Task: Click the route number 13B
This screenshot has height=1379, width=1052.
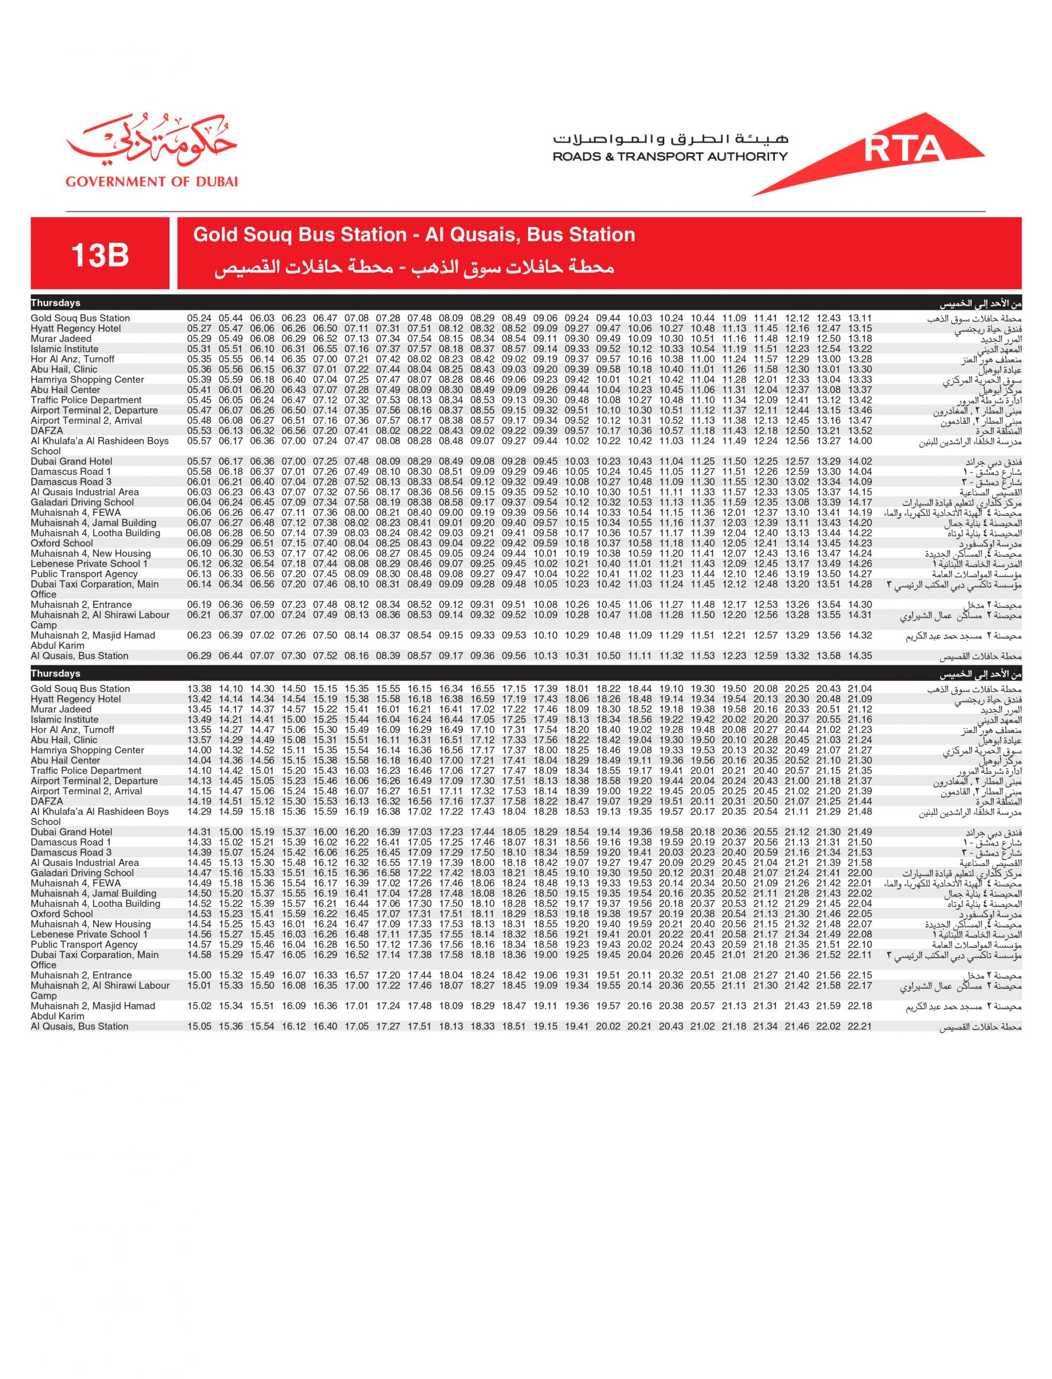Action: (x=100, y=254)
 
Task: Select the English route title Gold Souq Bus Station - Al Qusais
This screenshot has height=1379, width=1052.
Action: (x=414, y=235)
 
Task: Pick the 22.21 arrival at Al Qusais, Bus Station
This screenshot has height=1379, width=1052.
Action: (x=859, y=1026)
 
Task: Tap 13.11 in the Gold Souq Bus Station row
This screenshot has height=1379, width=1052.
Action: (x=859, y=318)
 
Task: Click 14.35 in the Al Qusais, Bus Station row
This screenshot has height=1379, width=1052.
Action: (x=859, y=656)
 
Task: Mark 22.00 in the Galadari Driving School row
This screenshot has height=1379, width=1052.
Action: (x=859, y=873)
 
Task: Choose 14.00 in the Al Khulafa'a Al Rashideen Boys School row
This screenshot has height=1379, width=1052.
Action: (x=859, y=441)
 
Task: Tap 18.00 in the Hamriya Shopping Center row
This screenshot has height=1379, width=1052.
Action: (x=545, y=750)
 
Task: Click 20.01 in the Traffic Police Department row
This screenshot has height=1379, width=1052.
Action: (x=702, y=771)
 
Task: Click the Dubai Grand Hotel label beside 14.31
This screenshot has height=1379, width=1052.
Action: (x=72, y=832)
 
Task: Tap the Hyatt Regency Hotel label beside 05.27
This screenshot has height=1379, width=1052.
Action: (x=76, y=328)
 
